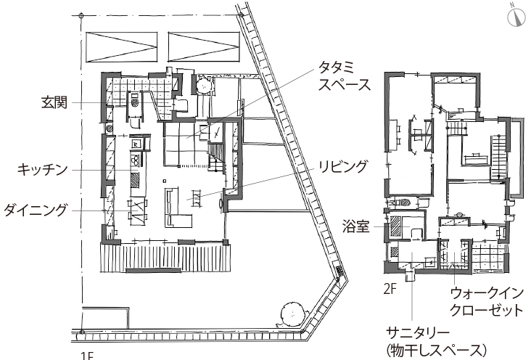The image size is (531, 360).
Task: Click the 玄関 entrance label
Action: pyautogui.click(x=54, y=102)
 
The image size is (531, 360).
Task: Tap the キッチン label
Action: pyautogui.click(x=43, y=170)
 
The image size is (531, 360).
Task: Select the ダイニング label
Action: pyautogui.click(x=36, y=210)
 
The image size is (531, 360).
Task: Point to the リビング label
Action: pyautogui.click(x=343, y=166)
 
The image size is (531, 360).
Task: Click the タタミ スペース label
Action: pyautogui.click(x=344, y=76)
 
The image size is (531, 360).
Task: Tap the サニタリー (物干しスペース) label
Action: pyautogui.click(x=436, y=342)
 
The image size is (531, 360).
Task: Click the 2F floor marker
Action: pyautogui.click(x=390, y=290)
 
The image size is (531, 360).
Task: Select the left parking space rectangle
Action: pyautogui.click(x=122, y=47)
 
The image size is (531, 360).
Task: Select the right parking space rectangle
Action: pyautogui.click(x=204, y=47)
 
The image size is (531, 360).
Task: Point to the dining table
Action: pyautogui.click(x=137, y=211)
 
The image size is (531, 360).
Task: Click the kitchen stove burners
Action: pyautogui.click(x=135, y=160)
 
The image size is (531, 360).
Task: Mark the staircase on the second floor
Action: pyautogui.click(x=498, y=157)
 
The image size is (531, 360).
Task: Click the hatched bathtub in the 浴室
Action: pyautogui.click(x=395, y=226)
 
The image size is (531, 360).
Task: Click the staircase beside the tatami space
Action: pyautogui.click(x=216, y=157)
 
